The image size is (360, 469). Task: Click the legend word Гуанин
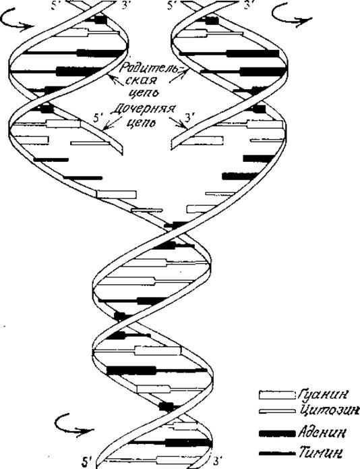click(x=323, y=395)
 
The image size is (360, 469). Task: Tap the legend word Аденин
click(x=322, y=433)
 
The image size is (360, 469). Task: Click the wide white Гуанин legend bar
click(x=276, y=395)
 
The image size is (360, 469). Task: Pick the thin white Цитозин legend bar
click(x=277, y=412)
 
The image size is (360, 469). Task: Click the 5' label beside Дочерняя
click(x=97, y=118)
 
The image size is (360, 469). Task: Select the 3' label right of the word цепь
click(x=190, y=117)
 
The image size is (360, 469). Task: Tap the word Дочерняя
click(x=143, y=109)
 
